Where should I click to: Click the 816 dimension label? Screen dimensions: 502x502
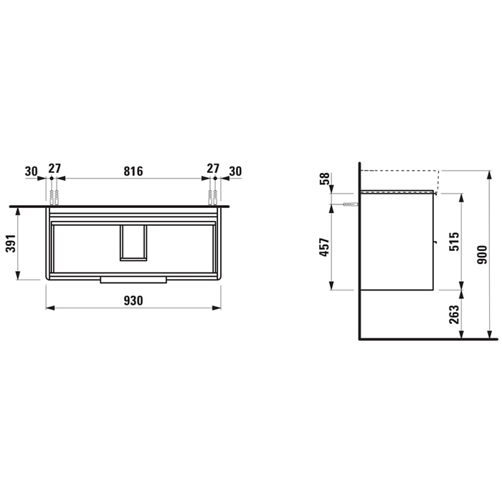(x=133, y=171)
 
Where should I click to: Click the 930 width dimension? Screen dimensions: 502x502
(x=133, y=300)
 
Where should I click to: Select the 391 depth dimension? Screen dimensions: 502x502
(x=11, y=243)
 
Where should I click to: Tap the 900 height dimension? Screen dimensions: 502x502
(x=482, y=255)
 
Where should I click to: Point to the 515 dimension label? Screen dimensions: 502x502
(x=454, y=242)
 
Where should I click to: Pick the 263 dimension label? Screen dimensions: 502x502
(x=454, y=314)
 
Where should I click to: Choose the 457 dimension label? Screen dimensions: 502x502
(x=324, y=247)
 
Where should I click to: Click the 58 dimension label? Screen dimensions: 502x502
(x=324, y=179)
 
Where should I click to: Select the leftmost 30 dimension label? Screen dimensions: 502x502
(x=31, y=171)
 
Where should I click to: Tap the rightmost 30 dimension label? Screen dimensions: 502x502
(x=235, y=171)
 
